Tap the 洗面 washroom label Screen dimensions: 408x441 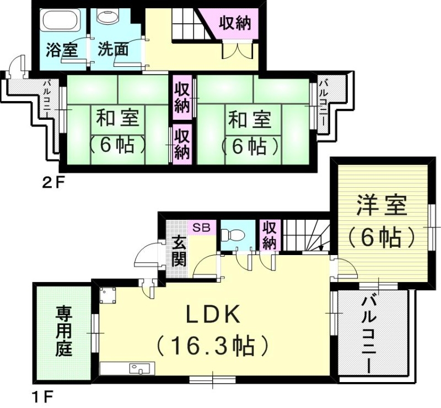click(x=113, y=50)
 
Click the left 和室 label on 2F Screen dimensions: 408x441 click(x=119, y=119)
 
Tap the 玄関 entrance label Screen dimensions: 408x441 click(x=179, y=251)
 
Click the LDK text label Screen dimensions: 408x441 click(x=212, y=315)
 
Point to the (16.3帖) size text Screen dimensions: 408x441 click(x=212, y=346)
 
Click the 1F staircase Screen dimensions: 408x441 click(x=306, y=235)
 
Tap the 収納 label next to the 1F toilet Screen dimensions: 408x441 click(x=270, y=235)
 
